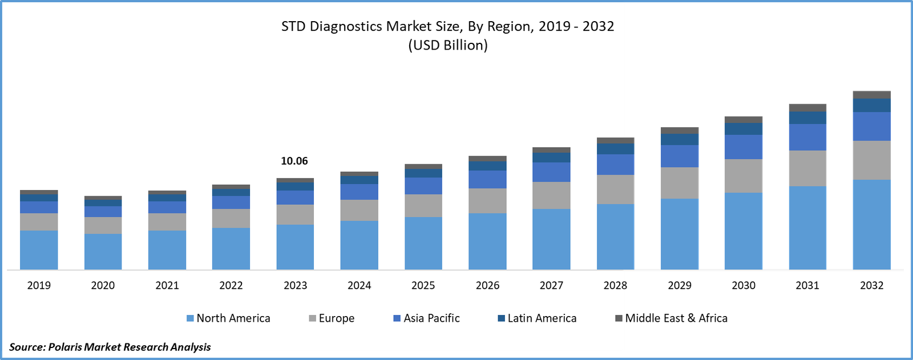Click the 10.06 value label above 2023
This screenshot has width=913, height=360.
(x=294, y=161)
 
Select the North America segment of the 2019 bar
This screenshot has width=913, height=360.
(x=39, y=250)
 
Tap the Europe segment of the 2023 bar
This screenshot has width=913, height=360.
(x=295, y=215)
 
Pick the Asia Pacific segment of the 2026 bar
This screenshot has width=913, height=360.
(x=487, y=179)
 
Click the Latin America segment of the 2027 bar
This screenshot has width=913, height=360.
(x=551, y=157)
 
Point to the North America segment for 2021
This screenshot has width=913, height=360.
(x=167, y=250)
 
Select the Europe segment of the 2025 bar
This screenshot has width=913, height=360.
(x=423, y=205)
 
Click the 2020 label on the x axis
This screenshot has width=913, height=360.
(x=103, y=285)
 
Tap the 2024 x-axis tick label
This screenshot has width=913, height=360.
(x=359, y=285)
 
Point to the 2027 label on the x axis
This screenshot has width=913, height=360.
(x=551, y=285)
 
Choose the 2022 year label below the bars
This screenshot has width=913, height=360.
(x=231, y=285)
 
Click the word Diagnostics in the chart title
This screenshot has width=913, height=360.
(x=346, y=26)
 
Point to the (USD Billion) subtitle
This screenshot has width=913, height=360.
(x=448, y=45)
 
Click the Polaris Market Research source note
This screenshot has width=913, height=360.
(x=110, y=347)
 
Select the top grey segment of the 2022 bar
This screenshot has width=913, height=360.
(x=231, y=187)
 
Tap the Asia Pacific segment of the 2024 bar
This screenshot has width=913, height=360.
(x=359, y=192)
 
